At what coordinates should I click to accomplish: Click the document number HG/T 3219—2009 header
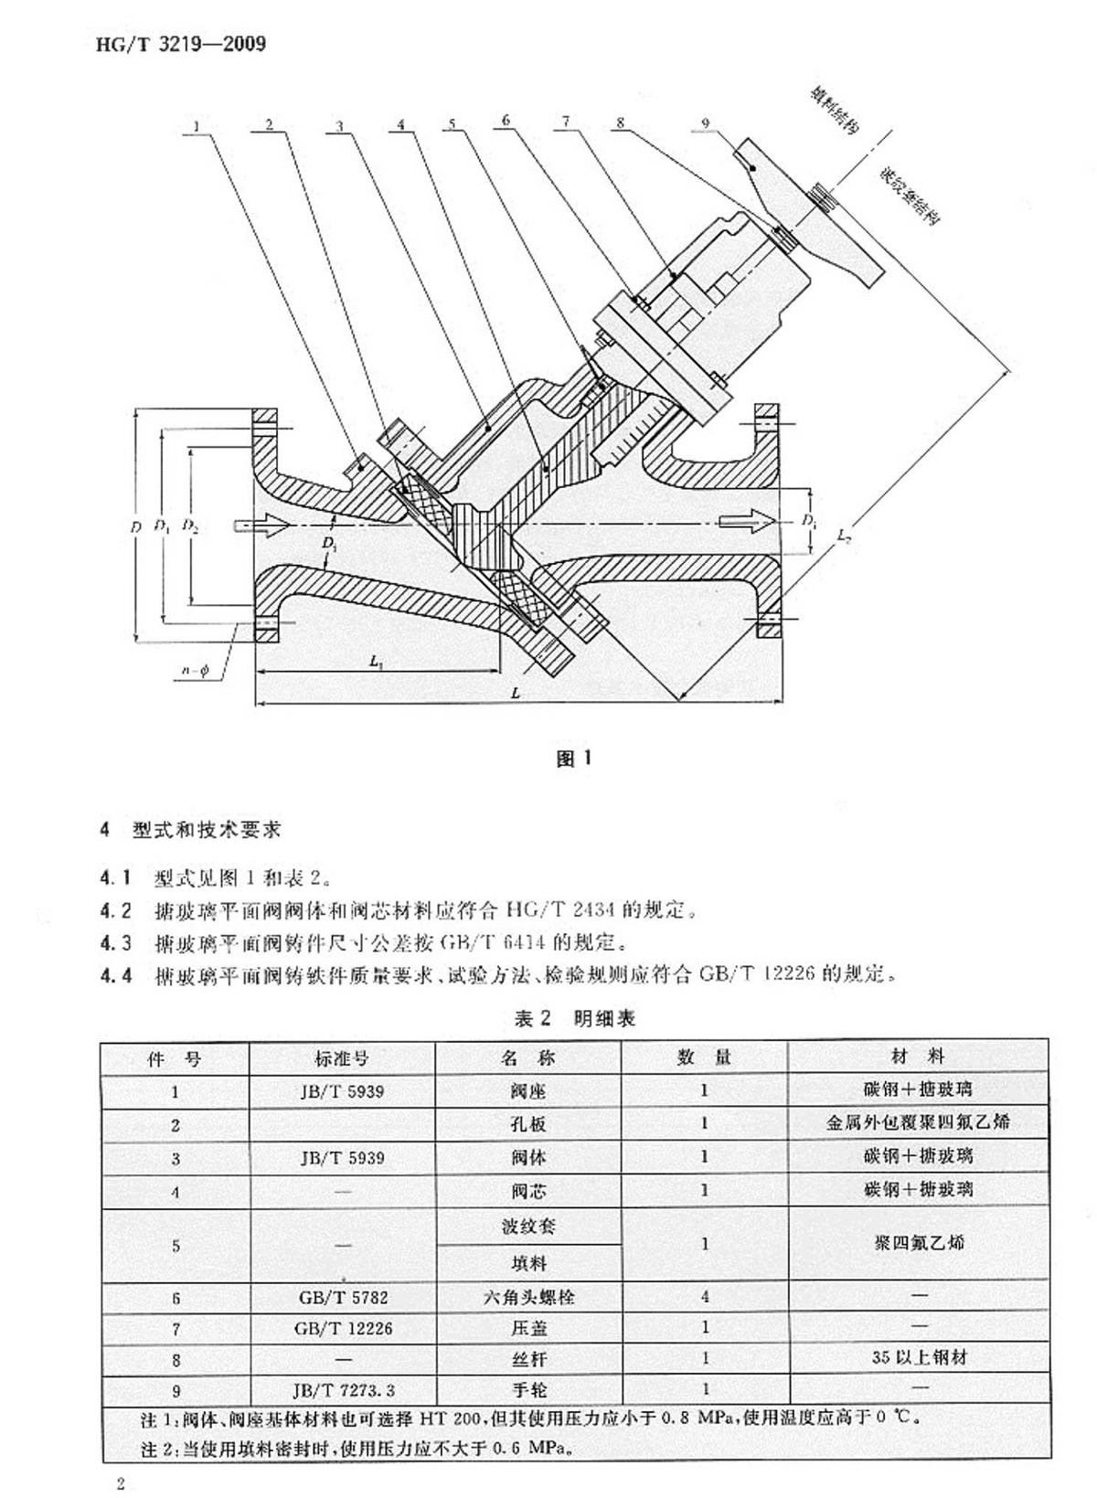[x=180, y=43]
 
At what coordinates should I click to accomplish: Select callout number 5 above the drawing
[x=452, y=125]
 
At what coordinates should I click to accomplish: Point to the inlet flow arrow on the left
[x=261, y=525]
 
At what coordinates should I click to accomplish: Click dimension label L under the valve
[x=516, y=694]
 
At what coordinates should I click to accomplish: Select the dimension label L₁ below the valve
[x=378, y=661]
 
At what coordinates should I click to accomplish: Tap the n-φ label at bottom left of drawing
[x=194, y=671]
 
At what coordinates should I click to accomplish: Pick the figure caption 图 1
[x=574, y=759]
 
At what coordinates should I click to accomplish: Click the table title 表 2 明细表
[x=575, y=1018]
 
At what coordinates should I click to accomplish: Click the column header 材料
[x=918, y=1057]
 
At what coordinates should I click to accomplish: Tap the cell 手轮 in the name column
[x=528, y=1390]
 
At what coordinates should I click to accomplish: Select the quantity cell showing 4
[x=704, y=1297]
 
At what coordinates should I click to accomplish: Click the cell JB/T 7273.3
[x=343, y=1390]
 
